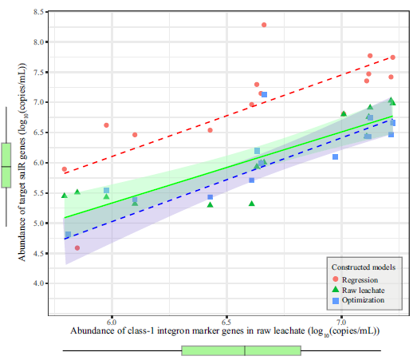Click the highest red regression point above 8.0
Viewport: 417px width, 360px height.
coord(264,25)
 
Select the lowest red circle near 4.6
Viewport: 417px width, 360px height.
coord(77,248)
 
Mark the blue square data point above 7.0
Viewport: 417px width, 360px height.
coord(264,95)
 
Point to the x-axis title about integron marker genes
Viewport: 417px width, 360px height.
coord(224,330)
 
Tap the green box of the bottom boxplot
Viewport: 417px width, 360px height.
coord(241,350)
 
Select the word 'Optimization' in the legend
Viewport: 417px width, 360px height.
coord(363,300)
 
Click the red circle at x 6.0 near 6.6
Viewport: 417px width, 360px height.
coord(106,125)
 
